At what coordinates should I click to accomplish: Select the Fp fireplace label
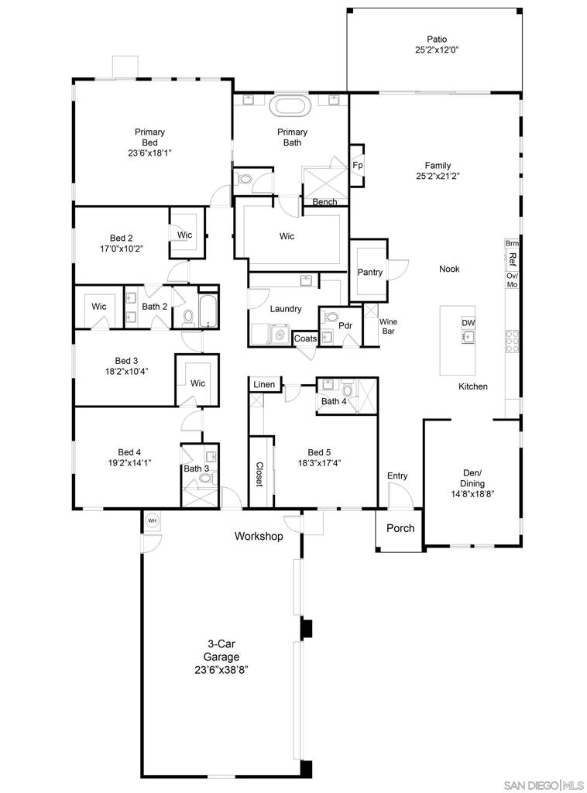(358, 166)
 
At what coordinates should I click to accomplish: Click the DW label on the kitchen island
(469, 323)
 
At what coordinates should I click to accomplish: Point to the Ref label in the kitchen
(512, 259)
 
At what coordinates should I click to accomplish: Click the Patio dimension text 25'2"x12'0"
(437, 50)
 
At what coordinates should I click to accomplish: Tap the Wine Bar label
(388, 326)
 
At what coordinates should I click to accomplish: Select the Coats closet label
(305, 338)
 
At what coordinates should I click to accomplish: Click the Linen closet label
(264, 384)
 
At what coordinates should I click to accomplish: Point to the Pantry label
(369, 272)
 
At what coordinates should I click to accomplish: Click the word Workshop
(259, 536)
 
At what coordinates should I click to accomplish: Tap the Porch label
(400, 528)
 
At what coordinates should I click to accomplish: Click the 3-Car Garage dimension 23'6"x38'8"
(221, 670)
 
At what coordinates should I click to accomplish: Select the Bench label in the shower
(324, 202)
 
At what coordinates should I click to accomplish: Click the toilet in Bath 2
(188, 317)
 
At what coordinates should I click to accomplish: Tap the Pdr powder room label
(345, 326)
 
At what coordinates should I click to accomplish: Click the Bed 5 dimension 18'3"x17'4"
(319, 463)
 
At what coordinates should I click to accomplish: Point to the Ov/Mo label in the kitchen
(512, 280)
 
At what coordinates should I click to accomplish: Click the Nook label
(449, 269)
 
